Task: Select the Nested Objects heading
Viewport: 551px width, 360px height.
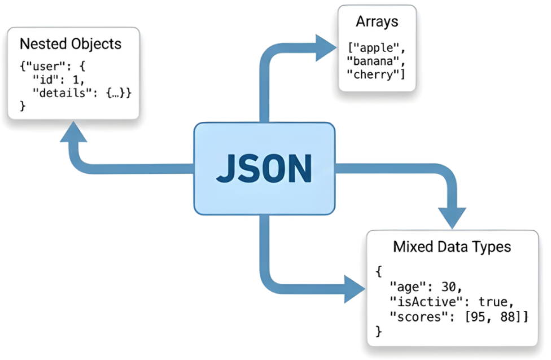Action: coord(71,43)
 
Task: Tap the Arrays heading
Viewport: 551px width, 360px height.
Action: coord(377,22)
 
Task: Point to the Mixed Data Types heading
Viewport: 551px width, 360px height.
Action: coord(452,247)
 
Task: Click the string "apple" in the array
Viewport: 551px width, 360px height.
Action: coord(379,48)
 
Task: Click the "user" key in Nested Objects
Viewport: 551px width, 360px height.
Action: coord(42,66)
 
